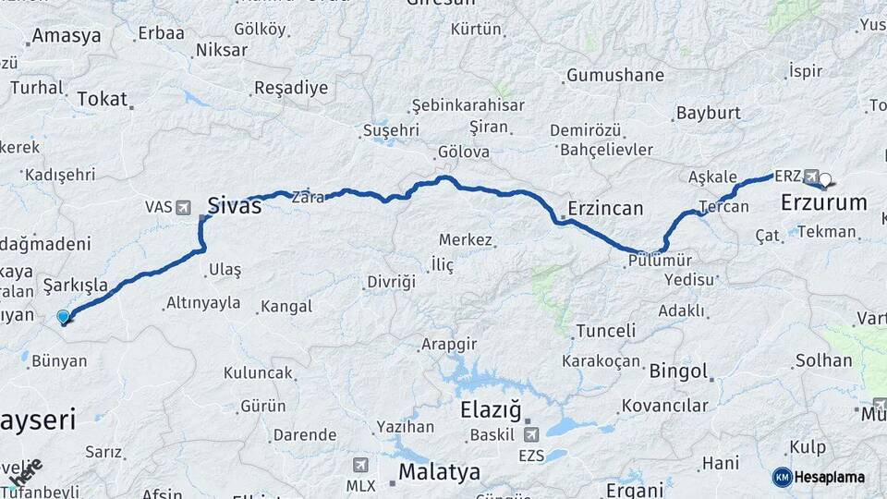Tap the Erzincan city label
coord(605,208)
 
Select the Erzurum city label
coord(823,202)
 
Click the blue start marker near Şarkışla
coord(64,317)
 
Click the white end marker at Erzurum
coord(825,180)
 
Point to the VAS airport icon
coord(181,207)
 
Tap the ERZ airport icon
coord(811,176)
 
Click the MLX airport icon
coord(360,465)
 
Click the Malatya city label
coord(439,472)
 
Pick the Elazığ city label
coord(491,409)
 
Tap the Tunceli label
coord(605,331)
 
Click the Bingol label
coord(678,371)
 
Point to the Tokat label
coord(102,99)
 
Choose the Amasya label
coord(66,37)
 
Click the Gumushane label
coord(614,75)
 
